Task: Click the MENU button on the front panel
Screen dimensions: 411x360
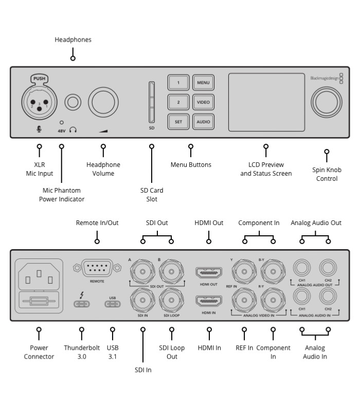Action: click(203, 83)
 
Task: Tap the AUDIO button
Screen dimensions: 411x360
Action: click(203, 122)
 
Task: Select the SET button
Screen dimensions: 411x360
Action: click(178, 122)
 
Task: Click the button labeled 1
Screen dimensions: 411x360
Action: click(178, 83)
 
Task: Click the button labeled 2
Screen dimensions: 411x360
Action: click(178, 102)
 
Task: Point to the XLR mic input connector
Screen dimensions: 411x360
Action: click(38, 101)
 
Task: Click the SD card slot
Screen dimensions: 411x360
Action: click(152, 101)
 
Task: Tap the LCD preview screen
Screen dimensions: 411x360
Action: click(266, 102)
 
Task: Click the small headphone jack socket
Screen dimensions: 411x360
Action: click(74, 102)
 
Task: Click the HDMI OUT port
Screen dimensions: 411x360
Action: click(209, 272)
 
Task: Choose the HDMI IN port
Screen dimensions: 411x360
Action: click(209, 301)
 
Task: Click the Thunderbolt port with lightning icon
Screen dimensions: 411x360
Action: click(82, 304)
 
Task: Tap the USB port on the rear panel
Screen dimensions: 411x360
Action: click(113, 304)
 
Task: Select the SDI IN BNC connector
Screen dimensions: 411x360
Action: click(142, 298)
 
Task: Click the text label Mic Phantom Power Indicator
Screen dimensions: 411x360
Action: click(62, 195)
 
